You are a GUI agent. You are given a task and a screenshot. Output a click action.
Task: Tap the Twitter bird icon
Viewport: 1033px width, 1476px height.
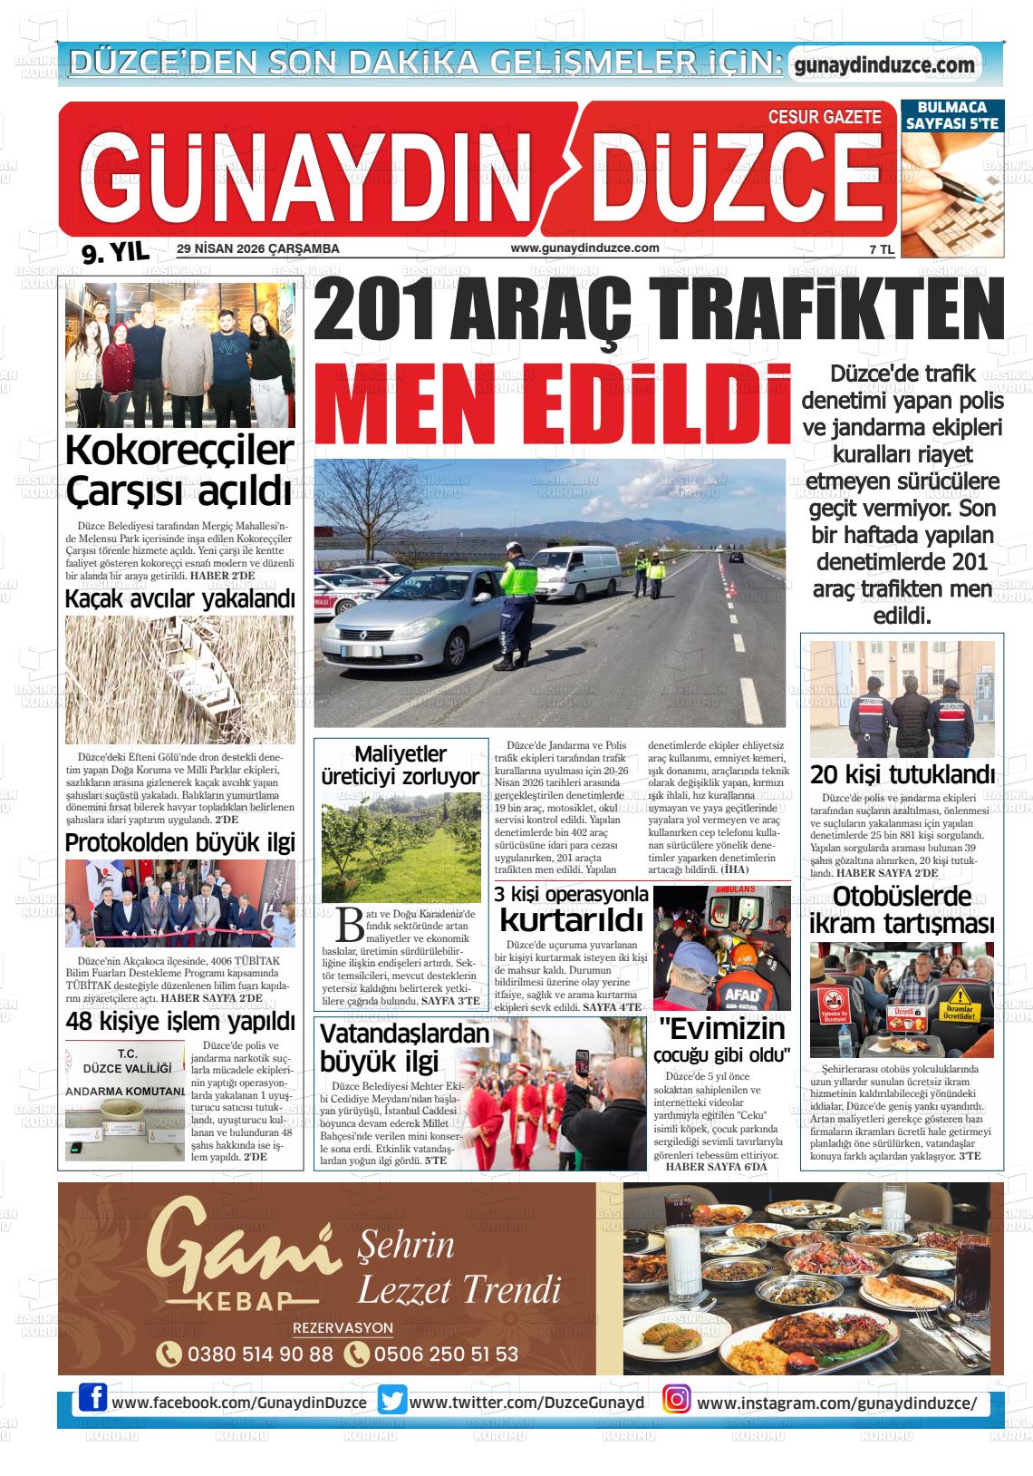coord(392,1401)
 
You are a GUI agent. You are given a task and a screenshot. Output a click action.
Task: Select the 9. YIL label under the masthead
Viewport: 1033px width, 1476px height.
coord(115,254)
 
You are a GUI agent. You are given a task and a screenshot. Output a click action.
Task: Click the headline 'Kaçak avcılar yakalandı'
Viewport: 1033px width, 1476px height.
coord(180,599)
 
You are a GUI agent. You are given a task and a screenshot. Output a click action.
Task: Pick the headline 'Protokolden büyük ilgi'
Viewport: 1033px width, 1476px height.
coord(180,842)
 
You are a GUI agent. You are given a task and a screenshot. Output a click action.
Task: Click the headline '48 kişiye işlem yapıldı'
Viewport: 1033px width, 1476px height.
coord(180,1022)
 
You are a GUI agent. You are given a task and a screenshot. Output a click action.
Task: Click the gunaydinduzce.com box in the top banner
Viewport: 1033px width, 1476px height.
coord(883,65)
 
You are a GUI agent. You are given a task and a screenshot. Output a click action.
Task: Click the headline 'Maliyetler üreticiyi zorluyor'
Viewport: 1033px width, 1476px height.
coord(401,765)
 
